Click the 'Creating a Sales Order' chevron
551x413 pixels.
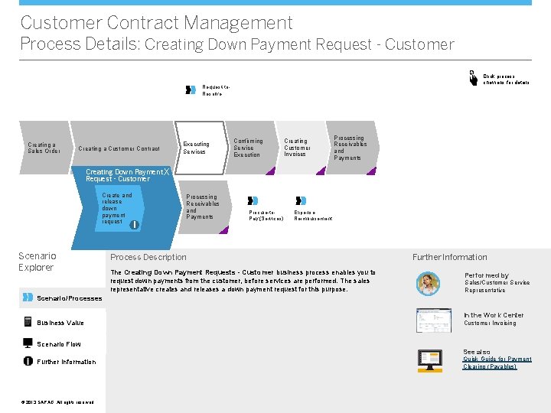[x=43, y=148]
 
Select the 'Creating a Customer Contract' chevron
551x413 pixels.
[x=119, y=148]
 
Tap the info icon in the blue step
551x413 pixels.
[x=134, y=224]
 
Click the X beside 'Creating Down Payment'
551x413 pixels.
[x=168, y=172]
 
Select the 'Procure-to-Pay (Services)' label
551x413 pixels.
[x=266, y=218]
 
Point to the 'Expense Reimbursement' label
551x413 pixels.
[x=313, y=218]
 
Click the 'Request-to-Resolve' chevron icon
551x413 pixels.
[x=191, y=89]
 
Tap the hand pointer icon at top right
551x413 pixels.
[x=473, y=76]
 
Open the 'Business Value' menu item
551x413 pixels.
[x=60, y=323]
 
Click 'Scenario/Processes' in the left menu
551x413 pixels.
[x=69, y=298]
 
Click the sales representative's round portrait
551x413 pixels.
[x=428, y=283]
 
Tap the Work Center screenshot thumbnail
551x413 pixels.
[x=433, y=320]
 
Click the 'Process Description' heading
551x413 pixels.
[x=148, y=257]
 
